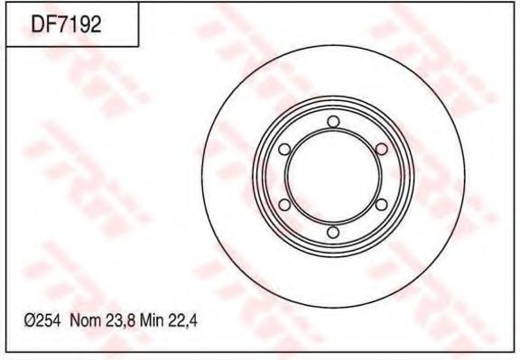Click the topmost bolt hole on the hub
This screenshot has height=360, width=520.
[x=332, y=122]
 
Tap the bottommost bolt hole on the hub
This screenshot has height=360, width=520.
[x=332, y=234]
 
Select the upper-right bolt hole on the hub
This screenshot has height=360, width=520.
[x=381, y=150]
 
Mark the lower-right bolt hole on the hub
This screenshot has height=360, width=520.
[x=381, y=206]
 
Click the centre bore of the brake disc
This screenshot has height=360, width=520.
[x=332, y=178]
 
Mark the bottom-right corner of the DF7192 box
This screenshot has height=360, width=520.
[x=138, y=46]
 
